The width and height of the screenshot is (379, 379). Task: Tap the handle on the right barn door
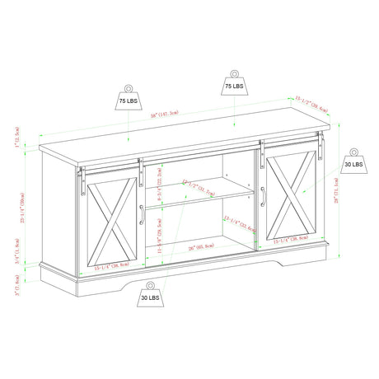click(263, 198)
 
